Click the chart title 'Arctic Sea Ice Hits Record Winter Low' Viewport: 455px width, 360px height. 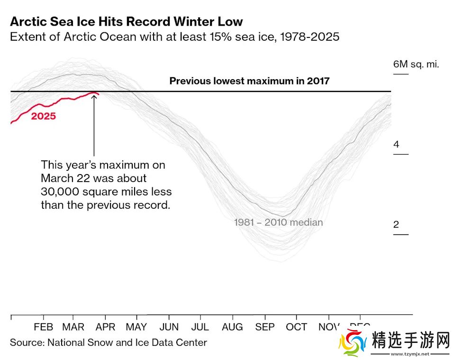pos(126,21)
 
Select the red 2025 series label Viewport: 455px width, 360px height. pos(43,116)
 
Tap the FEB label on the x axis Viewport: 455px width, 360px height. pos(43,327)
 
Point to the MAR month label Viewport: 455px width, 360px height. pos(73,327)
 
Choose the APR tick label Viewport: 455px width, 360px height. pos(105,327)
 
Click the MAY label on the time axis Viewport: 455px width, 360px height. pos(136,327)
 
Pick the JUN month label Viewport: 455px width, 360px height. pos(169,327)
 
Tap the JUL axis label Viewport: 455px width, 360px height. pos(200,327)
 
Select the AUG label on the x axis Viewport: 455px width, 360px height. pos(232,327)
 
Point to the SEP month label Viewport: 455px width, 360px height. pos(264,327)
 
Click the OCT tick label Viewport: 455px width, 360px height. pos(296,327)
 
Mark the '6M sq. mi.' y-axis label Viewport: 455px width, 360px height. pos(416,64)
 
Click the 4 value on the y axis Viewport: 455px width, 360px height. pos(396,144)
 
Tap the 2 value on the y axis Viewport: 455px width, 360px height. pos(396,224)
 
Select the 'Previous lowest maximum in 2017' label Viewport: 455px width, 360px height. pos(249,81)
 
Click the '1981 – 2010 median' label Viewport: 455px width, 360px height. pos(278,222)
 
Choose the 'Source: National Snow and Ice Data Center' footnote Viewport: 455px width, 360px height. pos(109,342)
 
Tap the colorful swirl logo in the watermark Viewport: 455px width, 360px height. pos(353,343)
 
